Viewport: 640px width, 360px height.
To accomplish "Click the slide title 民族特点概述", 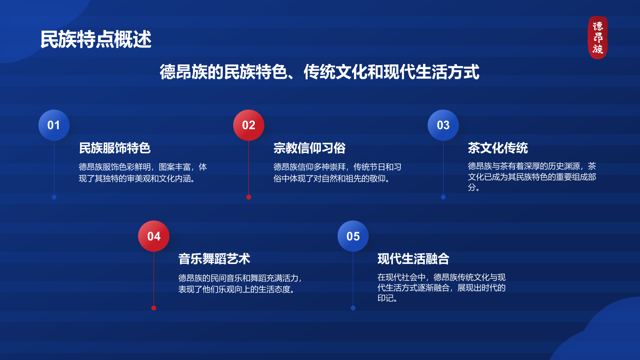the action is point(96,40).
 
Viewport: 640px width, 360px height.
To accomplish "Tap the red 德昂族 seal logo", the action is point(598,38).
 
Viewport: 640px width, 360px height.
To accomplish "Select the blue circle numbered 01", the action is point(54,125).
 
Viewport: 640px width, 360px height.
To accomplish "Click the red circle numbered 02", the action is point(248,125).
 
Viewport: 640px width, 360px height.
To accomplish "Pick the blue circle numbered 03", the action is point(443,125).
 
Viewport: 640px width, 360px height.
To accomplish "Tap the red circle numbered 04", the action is point(154,236).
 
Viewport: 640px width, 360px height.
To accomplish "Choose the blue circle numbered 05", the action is point(353,236).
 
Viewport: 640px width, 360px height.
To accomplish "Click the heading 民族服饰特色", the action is point(114,148).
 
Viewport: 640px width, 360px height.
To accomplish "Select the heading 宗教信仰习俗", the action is point(310,148).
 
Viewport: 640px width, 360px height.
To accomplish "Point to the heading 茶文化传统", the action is point(498,148).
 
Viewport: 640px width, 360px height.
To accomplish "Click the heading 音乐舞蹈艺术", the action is point(214,259).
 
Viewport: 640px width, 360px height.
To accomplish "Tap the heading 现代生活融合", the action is point(414,259).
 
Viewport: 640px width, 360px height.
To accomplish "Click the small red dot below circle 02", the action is point(248,197).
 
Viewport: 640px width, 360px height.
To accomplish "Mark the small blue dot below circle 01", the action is point(54,197).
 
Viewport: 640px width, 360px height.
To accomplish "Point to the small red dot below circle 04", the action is point(154,308).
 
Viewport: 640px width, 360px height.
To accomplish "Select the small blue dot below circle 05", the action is point(353,308).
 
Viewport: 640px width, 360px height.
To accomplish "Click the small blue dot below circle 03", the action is point(443,197).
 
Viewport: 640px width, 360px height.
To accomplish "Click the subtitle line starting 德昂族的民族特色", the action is point(320,72).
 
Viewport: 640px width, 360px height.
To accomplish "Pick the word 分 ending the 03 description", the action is point(472,188).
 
